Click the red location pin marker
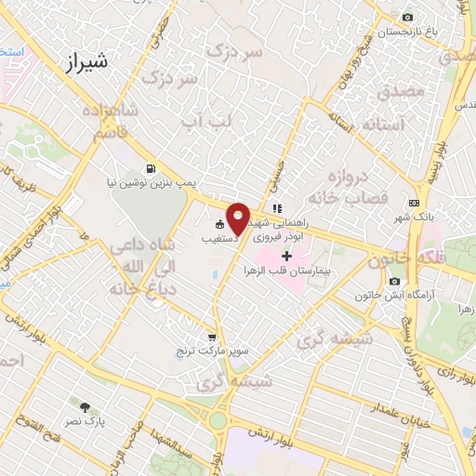click(x=238, y=219)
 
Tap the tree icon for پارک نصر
click(x=85, y=407)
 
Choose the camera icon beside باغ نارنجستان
click(x=407, y=18)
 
